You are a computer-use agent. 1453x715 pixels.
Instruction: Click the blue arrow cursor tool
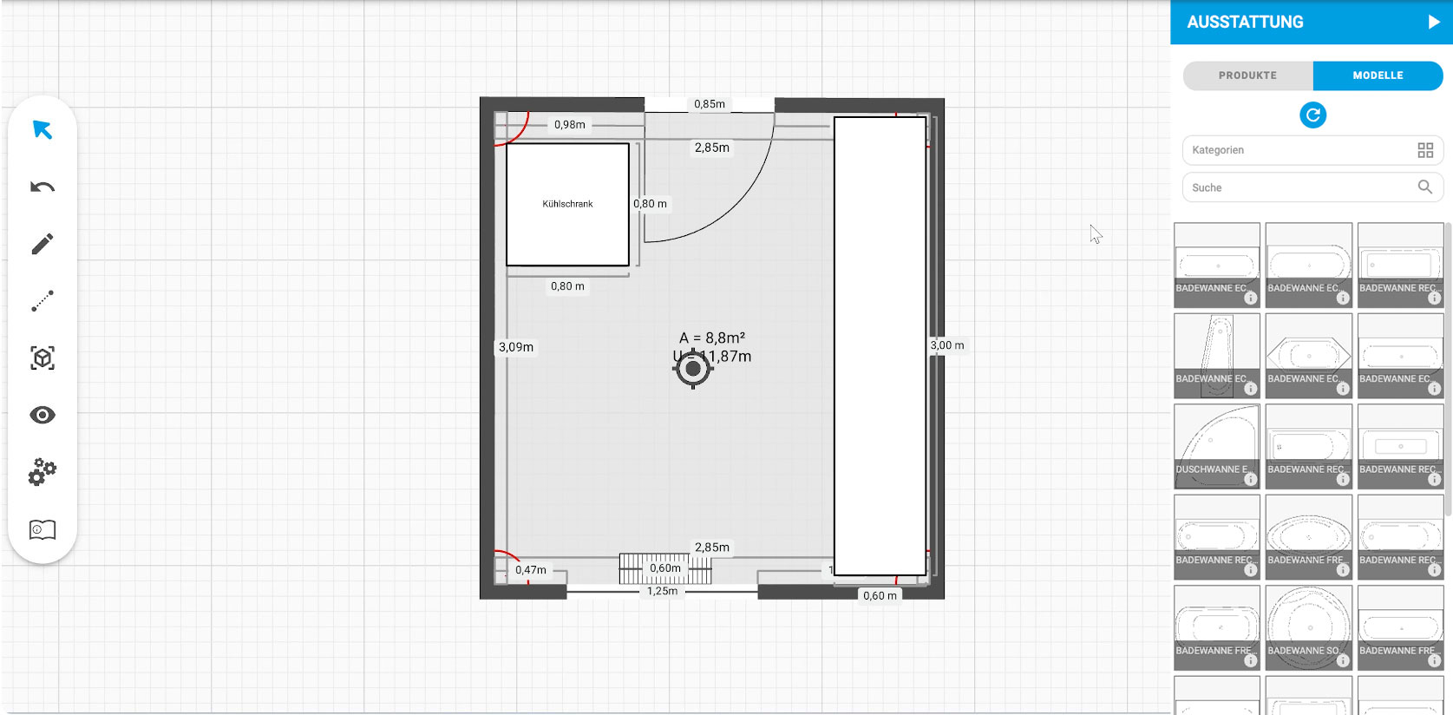click(x=43, y=130)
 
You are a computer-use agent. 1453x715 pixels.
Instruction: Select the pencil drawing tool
click(x=43, y=244)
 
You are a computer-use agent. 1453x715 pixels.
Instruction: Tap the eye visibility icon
click(x=43, y=415)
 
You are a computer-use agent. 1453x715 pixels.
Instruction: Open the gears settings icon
click(x=43, y=472)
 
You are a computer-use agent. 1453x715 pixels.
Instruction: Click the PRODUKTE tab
click(x=1247, y=75)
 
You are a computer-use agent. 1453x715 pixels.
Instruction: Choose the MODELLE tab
click(x=1378, y=75)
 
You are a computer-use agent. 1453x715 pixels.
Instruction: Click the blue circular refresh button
click(x=1312, y=115)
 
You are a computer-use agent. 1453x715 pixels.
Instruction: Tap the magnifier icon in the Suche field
click(x=1424, y=187)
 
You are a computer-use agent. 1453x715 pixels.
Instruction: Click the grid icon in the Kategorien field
click(x=1424, y=150)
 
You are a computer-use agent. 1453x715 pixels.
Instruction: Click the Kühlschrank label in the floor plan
click(x=567, y=204)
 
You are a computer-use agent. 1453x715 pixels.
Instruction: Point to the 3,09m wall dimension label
click(x=516, y=347)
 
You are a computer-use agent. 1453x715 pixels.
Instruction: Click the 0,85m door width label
click(x=709, y=104)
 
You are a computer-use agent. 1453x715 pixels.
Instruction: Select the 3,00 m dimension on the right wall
click(x=946, y=345)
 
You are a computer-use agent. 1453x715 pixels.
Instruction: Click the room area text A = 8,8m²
click(x=711, y=338)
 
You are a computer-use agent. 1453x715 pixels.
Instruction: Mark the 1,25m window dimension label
click(x=662, y=591)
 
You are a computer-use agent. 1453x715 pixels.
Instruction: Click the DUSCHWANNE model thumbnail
click(x=1216, y=446)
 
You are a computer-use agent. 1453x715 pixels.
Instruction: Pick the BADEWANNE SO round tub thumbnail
click(x=1308, y=626)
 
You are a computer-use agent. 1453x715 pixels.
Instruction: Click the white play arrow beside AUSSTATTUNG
click(x=1433, y=23)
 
